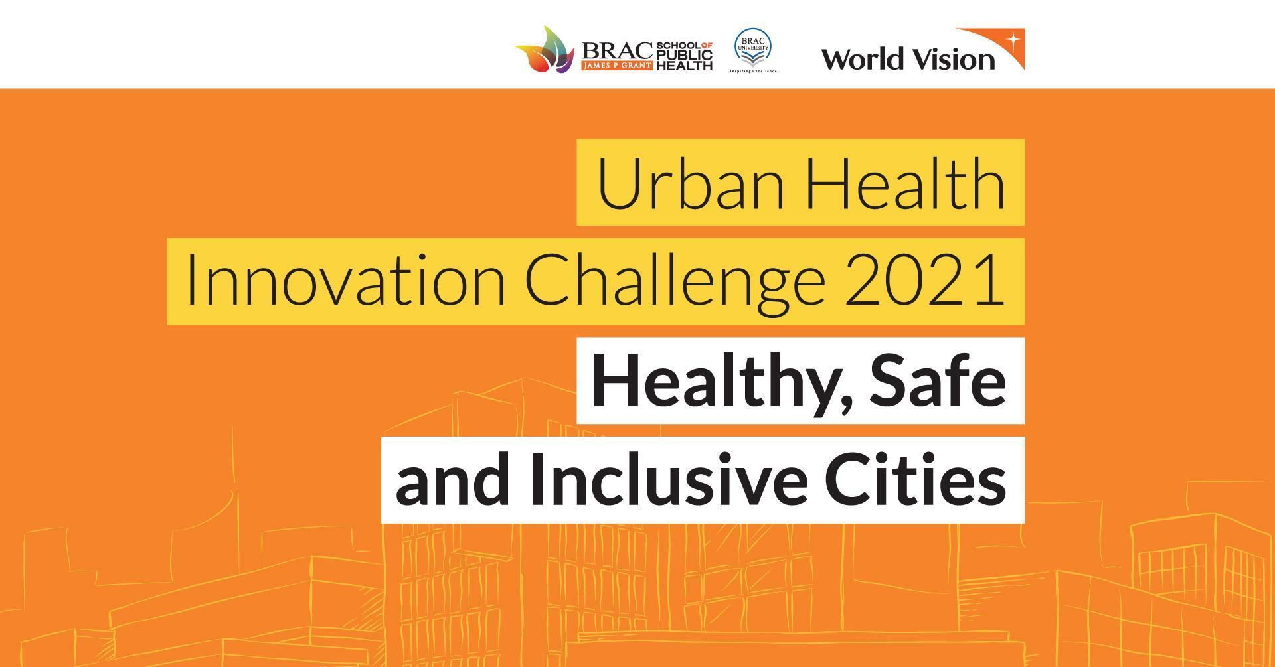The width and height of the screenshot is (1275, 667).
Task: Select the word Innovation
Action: click(345, 281)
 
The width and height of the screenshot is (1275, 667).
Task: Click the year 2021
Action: click(924, 281)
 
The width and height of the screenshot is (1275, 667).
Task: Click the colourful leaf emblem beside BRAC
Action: click(545, 49)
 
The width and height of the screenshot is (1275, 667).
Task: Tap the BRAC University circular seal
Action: click(752, 46)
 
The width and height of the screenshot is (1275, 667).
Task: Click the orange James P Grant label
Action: click(617, 66)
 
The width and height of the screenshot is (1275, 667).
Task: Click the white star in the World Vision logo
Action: click(1013, 39)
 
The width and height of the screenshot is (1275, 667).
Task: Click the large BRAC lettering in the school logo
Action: click(617, 50)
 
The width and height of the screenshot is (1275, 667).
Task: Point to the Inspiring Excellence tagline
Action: click(753, 71)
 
